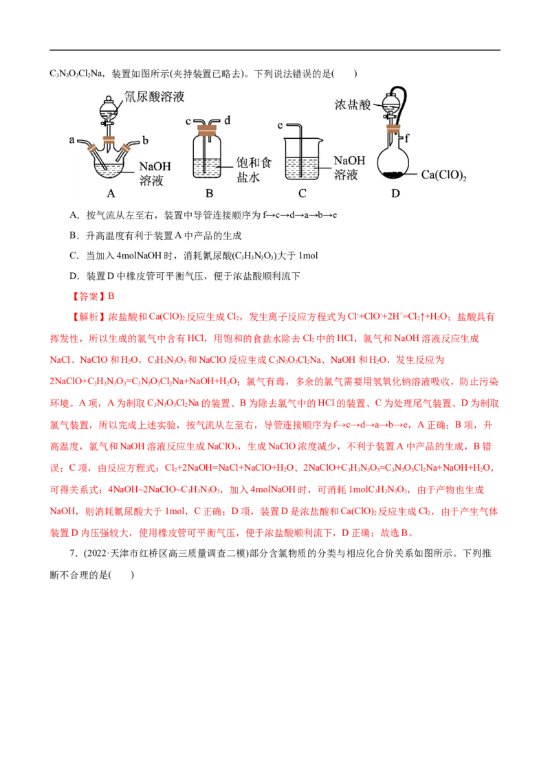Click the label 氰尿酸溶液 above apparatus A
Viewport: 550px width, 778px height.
(x=154, y=97)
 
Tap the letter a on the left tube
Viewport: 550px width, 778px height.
(x=71, y=140)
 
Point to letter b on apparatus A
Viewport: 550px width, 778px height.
(x=146, y=140)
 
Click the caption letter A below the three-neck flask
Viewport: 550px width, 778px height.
(x=111, y=194)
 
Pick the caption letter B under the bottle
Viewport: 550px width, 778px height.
(x=209, y=194)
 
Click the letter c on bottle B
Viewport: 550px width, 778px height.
(x=188, y=121)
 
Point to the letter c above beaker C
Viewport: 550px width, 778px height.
(x=280, y=125)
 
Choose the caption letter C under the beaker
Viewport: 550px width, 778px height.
(x=302, y=194)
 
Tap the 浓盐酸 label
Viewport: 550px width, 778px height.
(x=353, y=105)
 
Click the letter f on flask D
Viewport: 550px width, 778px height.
(x=408, y=138)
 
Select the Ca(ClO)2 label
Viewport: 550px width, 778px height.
(x=443, y=175)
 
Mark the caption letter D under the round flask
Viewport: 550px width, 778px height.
(x=395, y=194)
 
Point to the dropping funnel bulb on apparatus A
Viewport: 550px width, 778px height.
(x=108, y=108)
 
